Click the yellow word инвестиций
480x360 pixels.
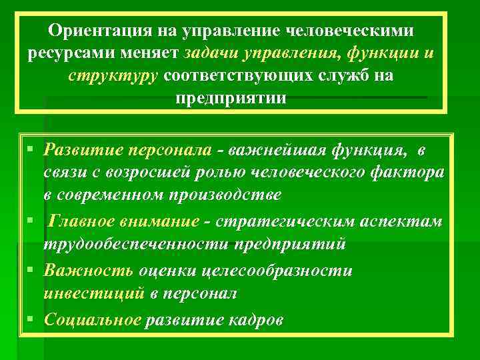93,293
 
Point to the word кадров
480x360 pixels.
257,319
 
